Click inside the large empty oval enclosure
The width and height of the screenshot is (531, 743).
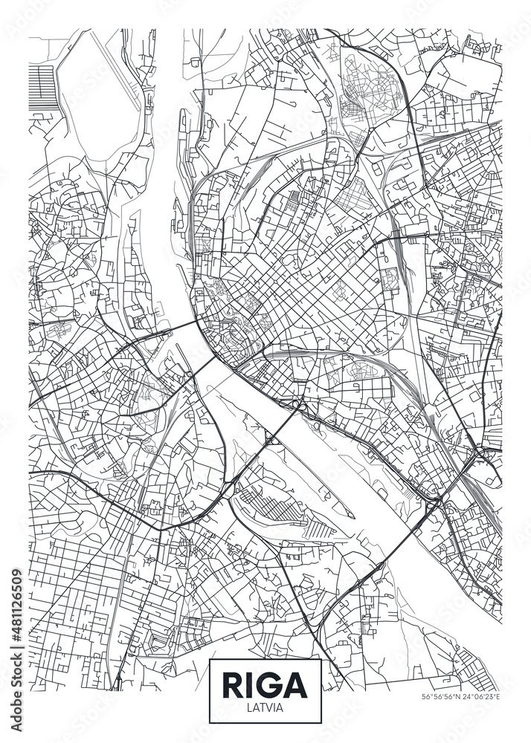pos(97,97)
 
